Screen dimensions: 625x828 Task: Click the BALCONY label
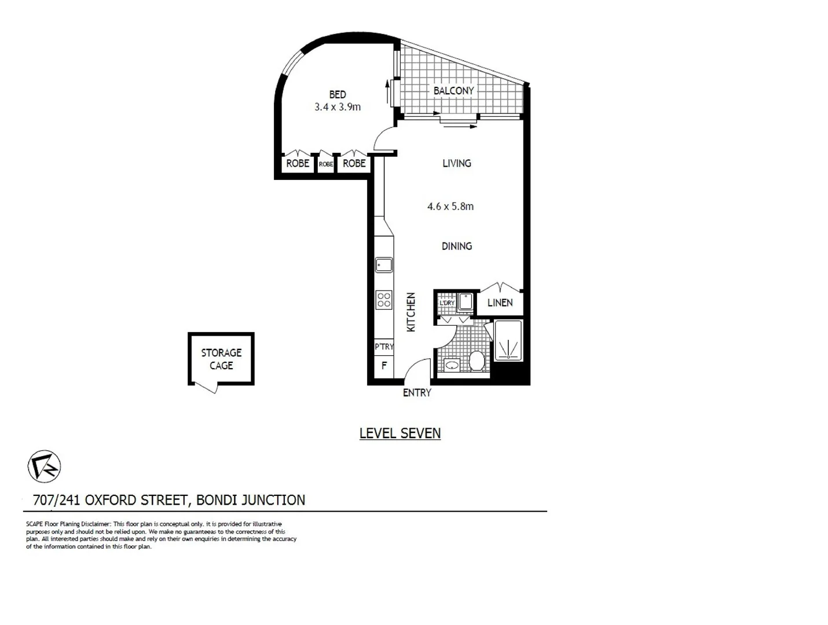(x=453, y=91)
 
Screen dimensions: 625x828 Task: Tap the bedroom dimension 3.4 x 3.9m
(x=338, y=107)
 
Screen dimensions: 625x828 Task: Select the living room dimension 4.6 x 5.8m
(x=450, y=207)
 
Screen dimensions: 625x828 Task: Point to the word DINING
(x=457, y=247)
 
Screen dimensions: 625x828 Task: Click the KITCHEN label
(x=411, y=312)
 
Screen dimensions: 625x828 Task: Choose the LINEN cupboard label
(x=500, y=303)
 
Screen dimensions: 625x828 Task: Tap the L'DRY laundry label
(x=446, y=303)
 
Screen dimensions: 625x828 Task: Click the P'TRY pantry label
(x=384, y=347)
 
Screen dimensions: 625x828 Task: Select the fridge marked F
(x=384, y=366)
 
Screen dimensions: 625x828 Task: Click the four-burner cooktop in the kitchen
(x=384, y=299)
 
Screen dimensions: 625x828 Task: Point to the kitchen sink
(x=383, y=265)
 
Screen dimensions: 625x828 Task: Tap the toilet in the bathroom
(x=477, y=362)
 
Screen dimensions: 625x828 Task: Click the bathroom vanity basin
(x=451, y=365)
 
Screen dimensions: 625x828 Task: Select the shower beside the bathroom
(x=508, y=341)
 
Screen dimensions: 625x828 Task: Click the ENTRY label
(x=417, y=393)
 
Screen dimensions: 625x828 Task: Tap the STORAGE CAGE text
(x=221, y=359)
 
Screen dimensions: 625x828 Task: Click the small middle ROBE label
(x=326, y=164)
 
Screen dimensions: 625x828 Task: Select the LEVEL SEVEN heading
(x=400, y=433)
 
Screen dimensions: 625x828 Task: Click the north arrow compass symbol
(x=44, y=466)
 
